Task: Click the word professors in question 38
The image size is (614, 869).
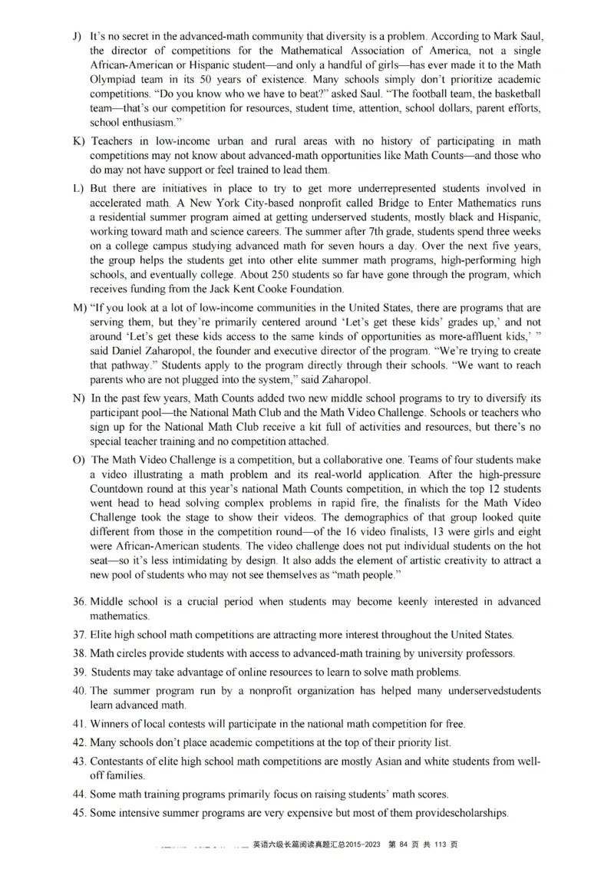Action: coord(488,653)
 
